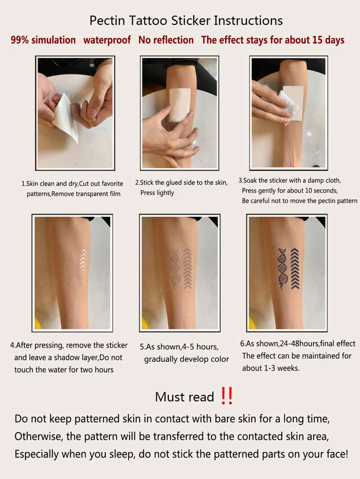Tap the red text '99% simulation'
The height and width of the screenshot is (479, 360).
pos(43,40)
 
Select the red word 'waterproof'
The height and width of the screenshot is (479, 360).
pos(107,40)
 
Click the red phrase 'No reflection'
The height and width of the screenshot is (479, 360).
pos(166,40)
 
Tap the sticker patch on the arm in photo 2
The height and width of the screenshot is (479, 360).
pos(180,104)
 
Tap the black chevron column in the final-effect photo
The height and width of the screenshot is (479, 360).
pos(294,269)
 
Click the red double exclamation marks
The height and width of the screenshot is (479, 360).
pos(227,396)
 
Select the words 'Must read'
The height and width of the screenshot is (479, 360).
pos(184,397)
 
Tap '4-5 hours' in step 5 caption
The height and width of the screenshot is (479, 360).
pos(200,347)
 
